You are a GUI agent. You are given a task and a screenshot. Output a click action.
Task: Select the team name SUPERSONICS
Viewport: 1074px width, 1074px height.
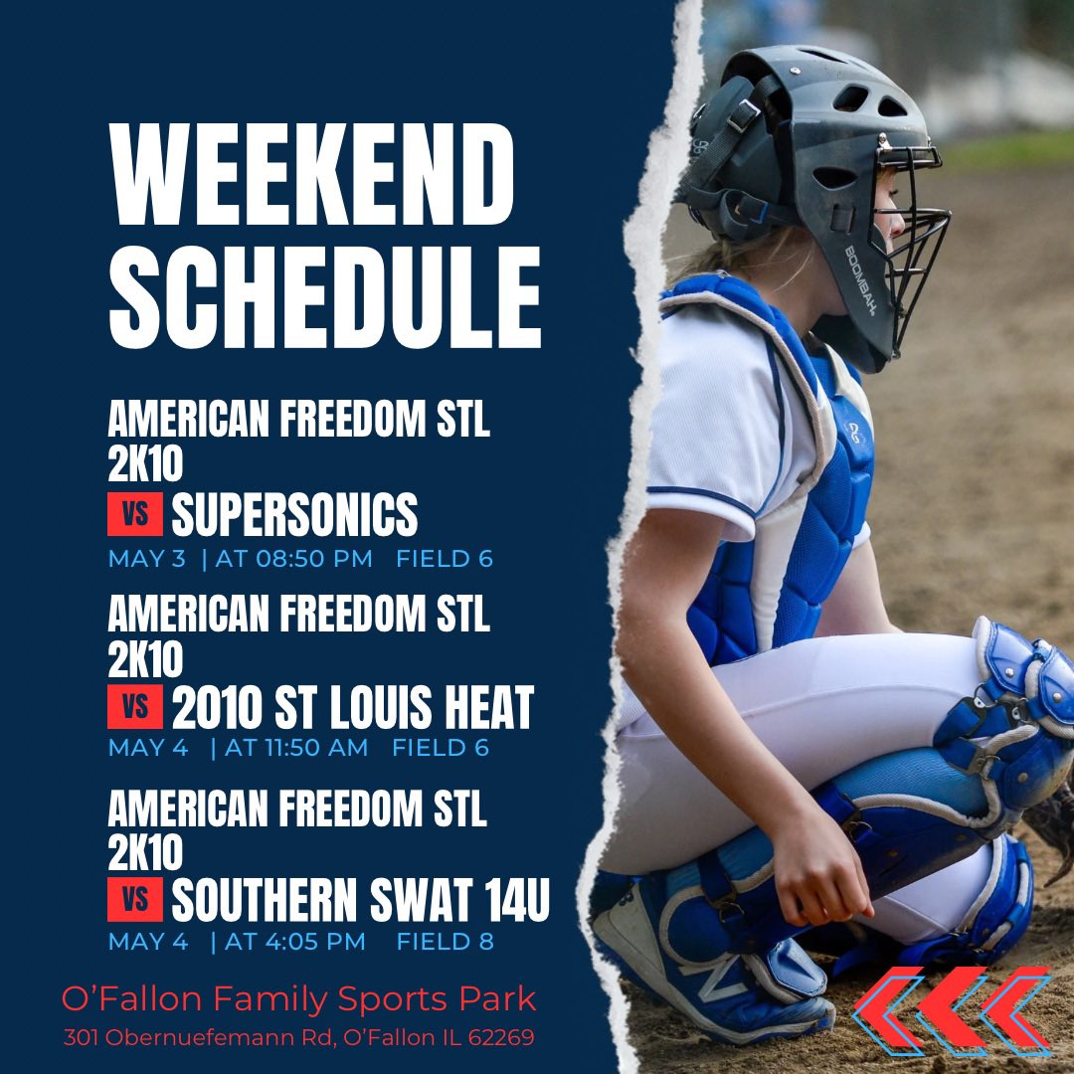click(x=294, y=515)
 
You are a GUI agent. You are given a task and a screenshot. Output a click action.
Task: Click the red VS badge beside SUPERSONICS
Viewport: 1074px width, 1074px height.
click(x=134, y=515)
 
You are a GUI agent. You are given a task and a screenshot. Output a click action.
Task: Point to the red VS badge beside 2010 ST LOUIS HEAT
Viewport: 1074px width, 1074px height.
click(x=134, y=708)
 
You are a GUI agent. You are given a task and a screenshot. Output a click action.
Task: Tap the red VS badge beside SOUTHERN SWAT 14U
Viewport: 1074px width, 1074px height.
click(x=134, y=900)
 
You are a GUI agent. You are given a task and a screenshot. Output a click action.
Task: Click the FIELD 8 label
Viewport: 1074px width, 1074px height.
click(x=445, y=941)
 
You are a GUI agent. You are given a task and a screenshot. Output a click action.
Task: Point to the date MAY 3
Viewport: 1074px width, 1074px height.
click(x=147, y=559)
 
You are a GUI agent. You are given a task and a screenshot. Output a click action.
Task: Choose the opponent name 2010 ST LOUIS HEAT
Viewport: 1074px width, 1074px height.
click(x=352, y=708)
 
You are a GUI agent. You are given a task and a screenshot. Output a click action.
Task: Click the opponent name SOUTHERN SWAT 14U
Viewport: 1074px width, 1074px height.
click(x=360, y=900)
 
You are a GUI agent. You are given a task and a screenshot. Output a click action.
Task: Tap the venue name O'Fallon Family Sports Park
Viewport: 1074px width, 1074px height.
click(x=298, y=997)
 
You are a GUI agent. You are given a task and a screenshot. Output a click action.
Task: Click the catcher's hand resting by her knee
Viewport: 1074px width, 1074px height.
click(x=825, y=875)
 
